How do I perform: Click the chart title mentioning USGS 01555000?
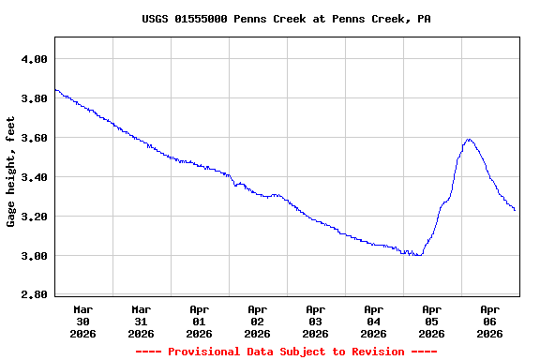287,19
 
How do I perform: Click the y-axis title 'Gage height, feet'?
11,172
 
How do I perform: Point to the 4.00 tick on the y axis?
34,59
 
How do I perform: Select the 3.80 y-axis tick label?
34,98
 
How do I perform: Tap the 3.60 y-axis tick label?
34,138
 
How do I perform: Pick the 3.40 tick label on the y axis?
34,177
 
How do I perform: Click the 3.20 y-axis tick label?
34,217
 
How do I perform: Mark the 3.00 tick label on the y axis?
34,256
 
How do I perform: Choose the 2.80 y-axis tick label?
34,295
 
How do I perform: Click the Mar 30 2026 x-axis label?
83,321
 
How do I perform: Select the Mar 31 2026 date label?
142,321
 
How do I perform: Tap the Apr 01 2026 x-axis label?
200,321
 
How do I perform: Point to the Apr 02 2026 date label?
258,321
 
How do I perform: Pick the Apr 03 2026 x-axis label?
316,321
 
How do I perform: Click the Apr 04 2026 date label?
374,321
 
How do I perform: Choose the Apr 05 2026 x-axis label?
432,321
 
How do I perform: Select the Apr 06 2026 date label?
490,321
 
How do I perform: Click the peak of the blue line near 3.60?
469,140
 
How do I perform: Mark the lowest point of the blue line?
417,255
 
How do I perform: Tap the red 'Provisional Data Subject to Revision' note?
286,352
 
